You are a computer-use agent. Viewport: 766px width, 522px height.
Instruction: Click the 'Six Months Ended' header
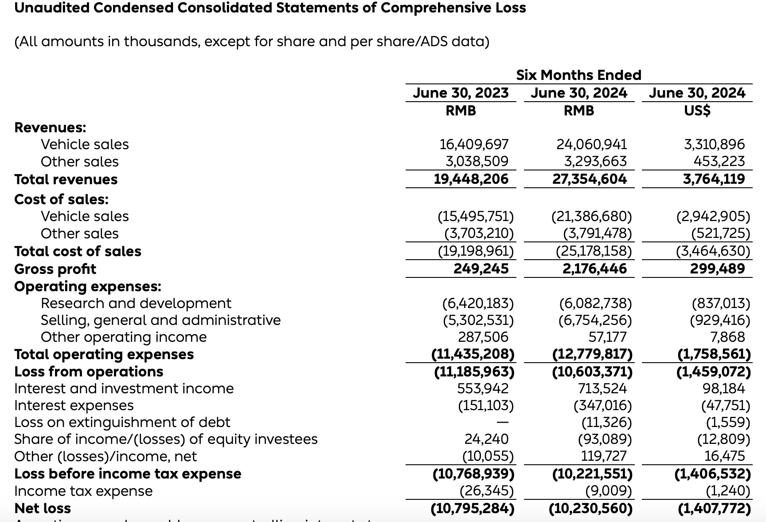pyautogui.click(x=578, y=75)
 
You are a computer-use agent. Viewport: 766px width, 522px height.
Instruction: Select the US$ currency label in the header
pyautogui.click(x=697, y=110)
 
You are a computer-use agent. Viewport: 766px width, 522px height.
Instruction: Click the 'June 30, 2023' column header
pyautogui.click(x=461, y=93)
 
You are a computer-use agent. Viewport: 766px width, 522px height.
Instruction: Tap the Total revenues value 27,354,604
pyautogui.click(x=589, y=179)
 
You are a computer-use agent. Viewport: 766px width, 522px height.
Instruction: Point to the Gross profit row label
pyautogui.click(x=55, y=269)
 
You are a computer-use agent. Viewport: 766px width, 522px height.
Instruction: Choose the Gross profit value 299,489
pyautogui.click(x=717, y=269)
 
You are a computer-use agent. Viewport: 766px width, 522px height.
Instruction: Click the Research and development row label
pyautogui.click(x=136, y=303)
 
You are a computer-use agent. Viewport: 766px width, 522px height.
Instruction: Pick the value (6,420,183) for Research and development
pyautogui.click(x=478, y=303)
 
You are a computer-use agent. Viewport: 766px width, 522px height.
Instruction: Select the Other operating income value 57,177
pyautogui.click(x=607, y=337)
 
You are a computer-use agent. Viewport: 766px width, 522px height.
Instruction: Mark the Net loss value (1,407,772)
pyautogui.click(x=714, y=508)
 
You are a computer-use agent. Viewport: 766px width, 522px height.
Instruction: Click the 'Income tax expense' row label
pyautogui.click(x=83, y=491)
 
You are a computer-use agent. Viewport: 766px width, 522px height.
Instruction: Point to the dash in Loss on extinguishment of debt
pyautogui.click(x=502, y=422)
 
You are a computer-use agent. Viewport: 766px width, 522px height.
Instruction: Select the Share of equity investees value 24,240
pyautogui.click(x=486, y=439)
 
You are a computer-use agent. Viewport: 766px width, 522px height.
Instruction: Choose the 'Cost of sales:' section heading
pyautogui.click(x=61, y=199)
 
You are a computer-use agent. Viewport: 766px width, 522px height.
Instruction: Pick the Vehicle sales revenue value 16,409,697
pyautogui.click(x=474, y=144)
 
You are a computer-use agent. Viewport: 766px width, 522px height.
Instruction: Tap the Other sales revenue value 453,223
pyautogui.click(x=719, y=161)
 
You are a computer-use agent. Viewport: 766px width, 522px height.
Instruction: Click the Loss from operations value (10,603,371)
pyautogui.click(x=592, y=372)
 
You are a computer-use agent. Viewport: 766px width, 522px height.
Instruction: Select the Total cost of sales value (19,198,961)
pyautogui.click(x=476, y=251)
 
